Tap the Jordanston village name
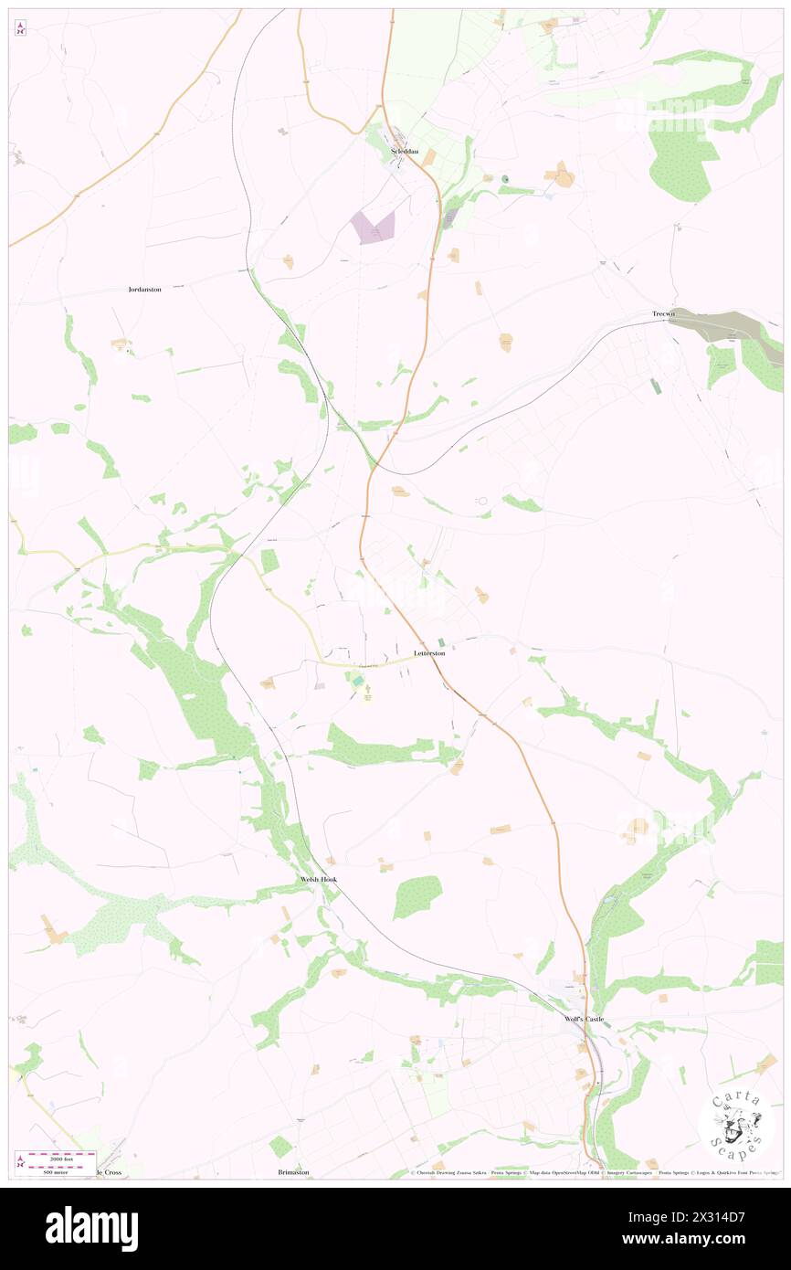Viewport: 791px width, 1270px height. [144, 289]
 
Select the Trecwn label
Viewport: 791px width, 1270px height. [662, 314]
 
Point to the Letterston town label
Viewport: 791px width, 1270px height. [429, 653]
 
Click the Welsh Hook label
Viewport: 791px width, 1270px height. [319, 879]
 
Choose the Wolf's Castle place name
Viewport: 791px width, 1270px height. [584, 1019]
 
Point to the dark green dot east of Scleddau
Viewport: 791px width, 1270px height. [503, 179]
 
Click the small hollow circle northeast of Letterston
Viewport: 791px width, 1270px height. [481, 500]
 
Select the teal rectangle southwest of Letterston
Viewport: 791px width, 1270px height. [355, 683]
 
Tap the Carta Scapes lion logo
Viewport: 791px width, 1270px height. [736, 1125]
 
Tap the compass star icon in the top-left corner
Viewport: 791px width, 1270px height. [21, 28]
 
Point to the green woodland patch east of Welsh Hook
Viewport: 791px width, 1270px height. [417, 896]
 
